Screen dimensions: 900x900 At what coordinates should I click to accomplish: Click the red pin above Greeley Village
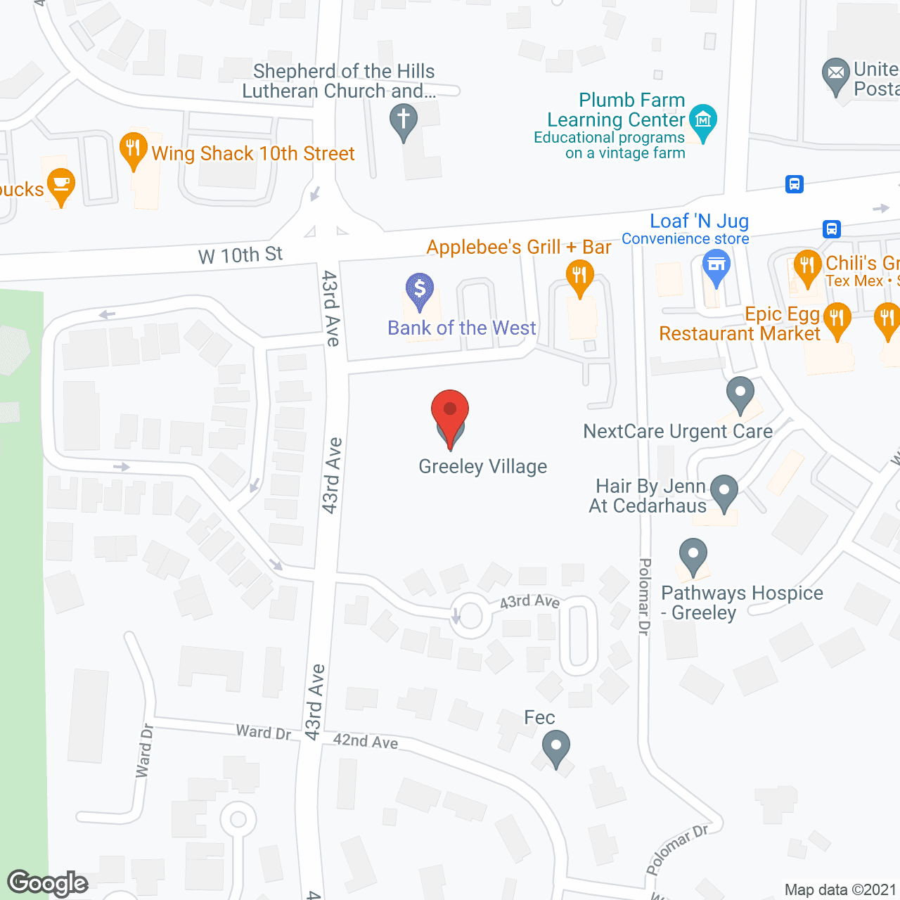point(450,415)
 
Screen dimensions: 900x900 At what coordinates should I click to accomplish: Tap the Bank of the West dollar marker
point(420,290)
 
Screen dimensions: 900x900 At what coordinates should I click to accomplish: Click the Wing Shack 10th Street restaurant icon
point(133,149)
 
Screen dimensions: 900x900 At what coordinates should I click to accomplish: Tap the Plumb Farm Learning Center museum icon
point(702,121)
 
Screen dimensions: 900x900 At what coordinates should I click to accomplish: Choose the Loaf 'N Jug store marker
point(716,267)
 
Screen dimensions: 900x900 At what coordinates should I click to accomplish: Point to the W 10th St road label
point(240,255)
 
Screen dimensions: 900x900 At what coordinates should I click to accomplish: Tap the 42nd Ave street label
point(366,741)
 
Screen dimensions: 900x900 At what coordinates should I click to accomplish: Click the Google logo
point(48,883)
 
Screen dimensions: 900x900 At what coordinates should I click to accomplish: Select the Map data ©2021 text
point(840,890)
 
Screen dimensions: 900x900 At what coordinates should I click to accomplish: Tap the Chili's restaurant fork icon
point(807,266)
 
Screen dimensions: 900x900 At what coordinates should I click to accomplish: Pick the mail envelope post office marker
point(836,73)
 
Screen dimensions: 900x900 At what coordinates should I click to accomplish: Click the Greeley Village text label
point(482,467)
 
